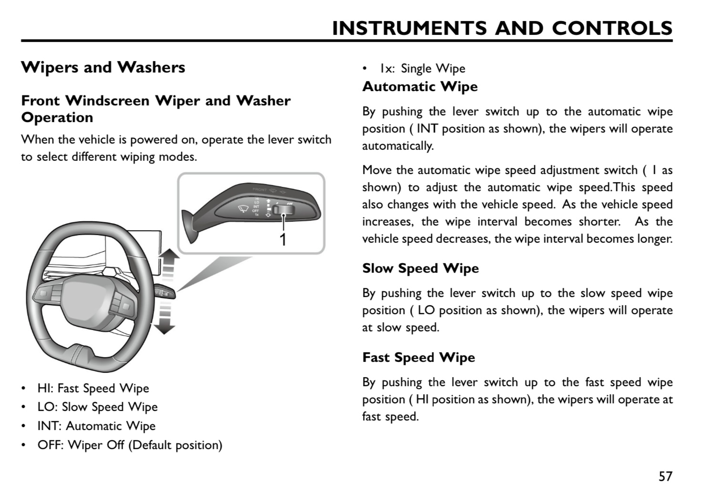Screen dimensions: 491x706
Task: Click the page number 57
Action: click(665, 476)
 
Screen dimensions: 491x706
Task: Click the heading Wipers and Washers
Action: click(103, 67)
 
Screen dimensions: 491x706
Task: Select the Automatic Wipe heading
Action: click(420, 87)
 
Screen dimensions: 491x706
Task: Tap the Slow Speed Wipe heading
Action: click(420, 268)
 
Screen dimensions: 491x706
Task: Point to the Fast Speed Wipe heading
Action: click(418, 358)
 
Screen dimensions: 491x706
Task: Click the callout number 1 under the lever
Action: click(283, 239)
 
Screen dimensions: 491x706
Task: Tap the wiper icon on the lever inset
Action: click(243, 208)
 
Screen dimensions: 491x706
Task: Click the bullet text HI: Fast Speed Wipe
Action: click(93, 389)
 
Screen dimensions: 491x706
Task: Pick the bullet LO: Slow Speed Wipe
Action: click(97, 407)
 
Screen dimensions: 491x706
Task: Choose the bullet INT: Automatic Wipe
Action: click(96, 426)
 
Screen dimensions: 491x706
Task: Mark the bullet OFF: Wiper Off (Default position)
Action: click(130, 445)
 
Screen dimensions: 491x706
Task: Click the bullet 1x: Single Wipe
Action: click(422, 69)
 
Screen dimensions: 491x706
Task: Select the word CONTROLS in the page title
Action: click(612, 29)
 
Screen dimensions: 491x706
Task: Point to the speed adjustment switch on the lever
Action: click(285, 209)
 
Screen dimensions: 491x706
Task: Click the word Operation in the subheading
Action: click(57, 118)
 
